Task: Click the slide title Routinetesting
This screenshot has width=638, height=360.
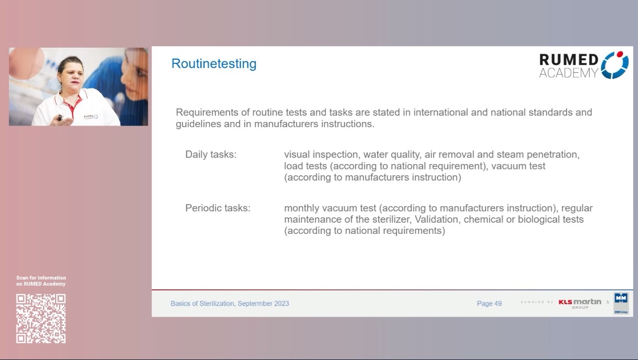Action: tap(214, 64)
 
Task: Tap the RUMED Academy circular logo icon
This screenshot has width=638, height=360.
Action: tap(614, 65)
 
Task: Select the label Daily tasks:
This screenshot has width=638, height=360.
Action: tap(211, 155)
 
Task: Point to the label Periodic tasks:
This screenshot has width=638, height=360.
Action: tap(218, 208)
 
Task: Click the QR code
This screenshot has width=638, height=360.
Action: tap(41, 318)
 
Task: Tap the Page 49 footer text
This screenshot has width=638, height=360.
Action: tap(489, 303)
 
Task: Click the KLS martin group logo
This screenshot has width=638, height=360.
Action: tap(579, 303)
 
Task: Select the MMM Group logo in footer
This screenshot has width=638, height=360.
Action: tap(621, 303)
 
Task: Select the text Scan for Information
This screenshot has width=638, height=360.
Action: tap(41, 278)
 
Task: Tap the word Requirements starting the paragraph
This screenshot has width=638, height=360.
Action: tap(201, 113)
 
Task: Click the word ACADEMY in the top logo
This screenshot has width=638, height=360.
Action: tap(568, 73)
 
